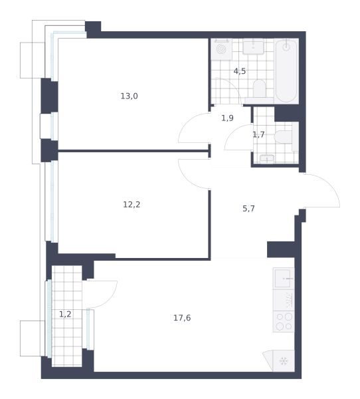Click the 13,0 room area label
[x=129, y=96]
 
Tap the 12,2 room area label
[x=132, y=205]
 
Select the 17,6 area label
[x=182, y=318]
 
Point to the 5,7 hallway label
[x=248, y=209]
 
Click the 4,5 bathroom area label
[x=240, y=71]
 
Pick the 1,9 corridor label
[x=228, y=118]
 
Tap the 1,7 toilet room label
[x=258, y=134]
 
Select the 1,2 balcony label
[x=65, y=315]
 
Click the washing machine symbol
[x=221, y=49]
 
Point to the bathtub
[x=286, y=71]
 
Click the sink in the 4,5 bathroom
[x=253, y=47]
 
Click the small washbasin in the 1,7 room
[x=267, y=159]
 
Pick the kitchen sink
[x=284, y=279]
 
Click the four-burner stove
[x=284, y=321]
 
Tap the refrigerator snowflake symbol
[x=284, y=361]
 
